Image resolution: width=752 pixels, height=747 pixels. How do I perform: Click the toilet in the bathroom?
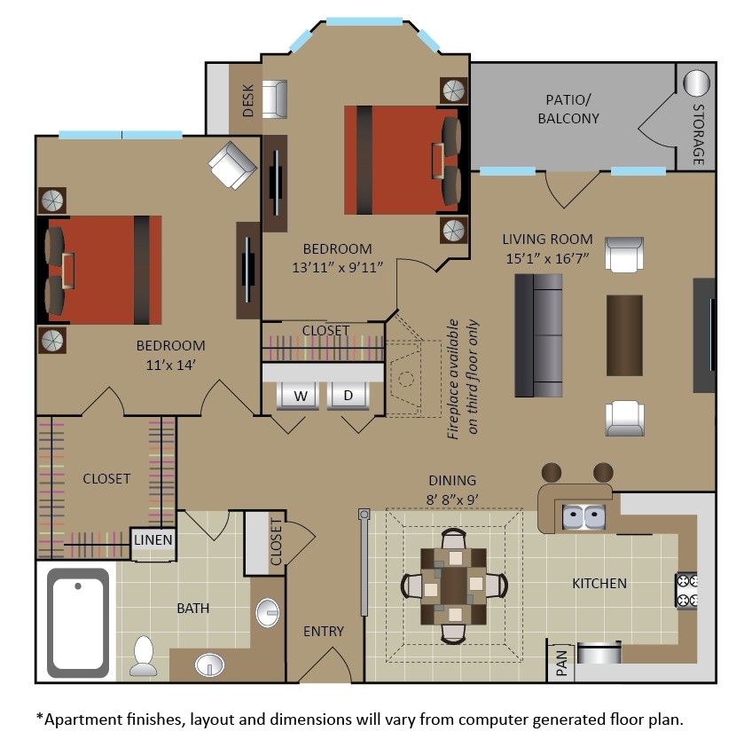click(142, 657)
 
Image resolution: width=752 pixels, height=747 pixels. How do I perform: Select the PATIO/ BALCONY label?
click(572, 109)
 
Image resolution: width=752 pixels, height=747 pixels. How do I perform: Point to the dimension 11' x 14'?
click(170, 363)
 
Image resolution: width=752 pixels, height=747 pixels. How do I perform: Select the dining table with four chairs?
click(453, 586)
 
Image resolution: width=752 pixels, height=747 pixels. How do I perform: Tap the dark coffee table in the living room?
click(623, 334)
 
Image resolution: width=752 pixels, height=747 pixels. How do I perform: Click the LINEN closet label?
click(153, 539)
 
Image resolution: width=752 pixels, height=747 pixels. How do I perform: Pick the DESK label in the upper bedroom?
click(247, 101)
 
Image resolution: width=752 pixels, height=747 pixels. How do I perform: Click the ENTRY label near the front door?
click(324, 631)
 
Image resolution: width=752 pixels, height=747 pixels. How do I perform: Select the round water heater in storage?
click(697, 83)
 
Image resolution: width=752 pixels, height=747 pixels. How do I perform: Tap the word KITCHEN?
click(599, 583)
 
